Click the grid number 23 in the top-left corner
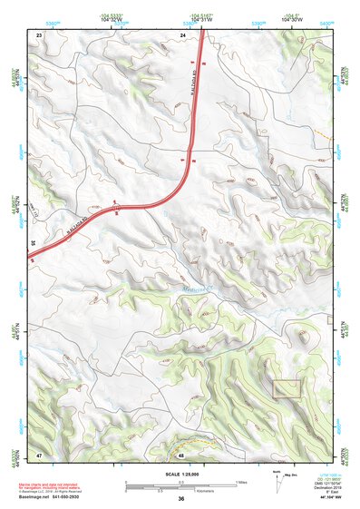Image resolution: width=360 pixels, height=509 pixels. coord(39,34)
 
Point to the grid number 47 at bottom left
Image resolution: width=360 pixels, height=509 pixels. coord(39,454)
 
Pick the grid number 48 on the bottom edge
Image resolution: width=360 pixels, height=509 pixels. coord(181,454)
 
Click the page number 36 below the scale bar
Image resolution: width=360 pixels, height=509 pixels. coord(181,499)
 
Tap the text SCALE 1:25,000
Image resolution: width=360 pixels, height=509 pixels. coord(180,473)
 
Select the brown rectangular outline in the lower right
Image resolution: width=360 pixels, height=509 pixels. coord(287,388)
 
